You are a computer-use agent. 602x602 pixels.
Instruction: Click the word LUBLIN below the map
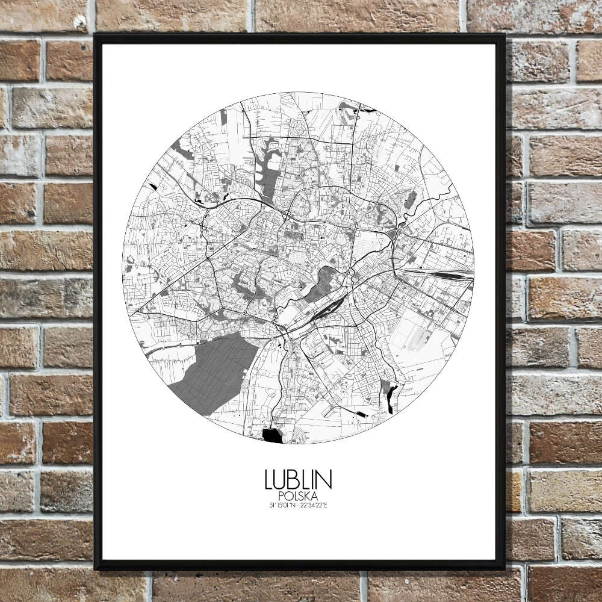click(298, 480)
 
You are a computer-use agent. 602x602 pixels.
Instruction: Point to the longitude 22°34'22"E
click(314, 504)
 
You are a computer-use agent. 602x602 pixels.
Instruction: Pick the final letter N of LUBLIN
click(325, 480)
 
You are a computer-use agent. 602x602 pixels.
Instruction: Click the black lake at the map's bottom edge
click(273, 435)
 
